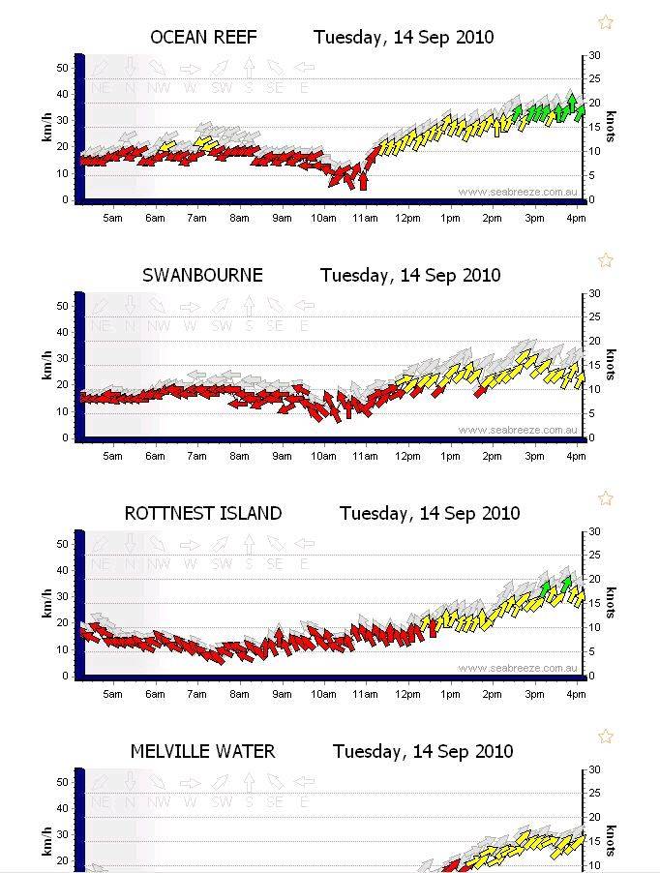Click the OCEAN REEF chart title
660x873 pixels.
click(x=204, y=38)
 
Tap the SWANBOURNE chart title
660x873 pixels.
click(x=202, y=276)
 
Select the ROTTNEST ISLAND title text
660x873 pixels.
click(x=203, y=514)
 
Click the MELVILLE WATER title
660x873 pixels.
click(x=203, y=752)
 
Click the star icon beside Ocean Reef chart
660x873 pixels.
click(x=606, y=22)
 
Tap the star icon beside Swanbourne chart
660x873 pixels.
click(x=606, y=260)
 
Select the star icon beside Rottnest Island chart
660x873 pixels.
click(x=606, y=498)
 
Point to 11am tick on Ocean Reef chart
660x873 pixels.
click(x=365, y=218)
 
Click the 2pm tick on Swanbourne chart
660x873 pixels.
click(x=492, y=456)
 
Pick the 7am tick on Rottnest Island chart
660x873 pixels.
click(x=196, y=694)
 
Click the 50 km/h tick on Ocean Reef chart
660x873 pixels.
click(x=63, y=68)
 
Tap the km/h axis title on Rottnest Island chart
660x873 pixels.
click(x=46, y=605)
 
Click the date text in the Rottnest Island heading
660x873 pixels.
click(x=426, y=514)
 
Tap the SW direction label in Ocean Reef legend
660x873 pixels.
click(x=222, y=88)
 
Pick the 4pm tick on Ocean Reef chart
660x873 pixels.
click(x=576, y=218)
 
